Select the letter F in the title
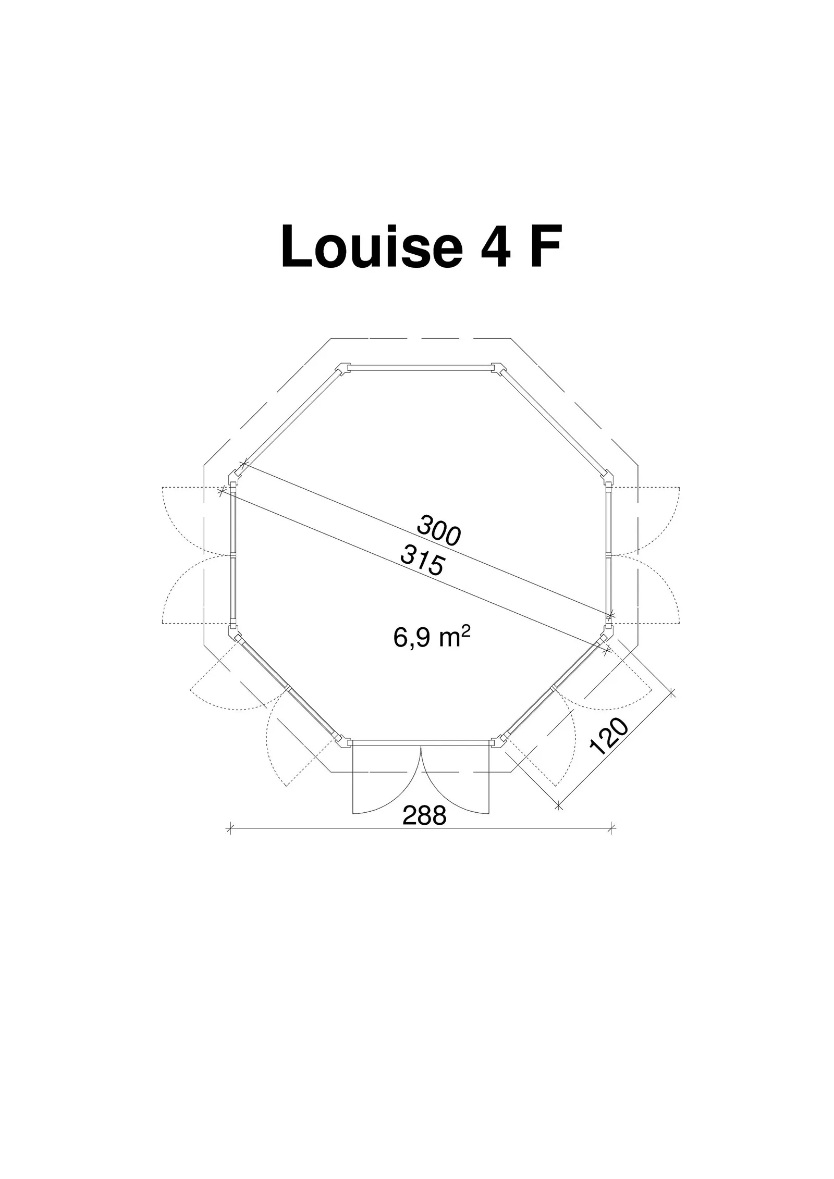click(546, 246)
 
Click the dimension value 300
click(438, 530)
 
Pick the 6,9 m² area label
click(428, 637)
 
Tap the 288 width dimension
click(425, 815)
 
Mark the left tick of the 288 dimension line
click(230, 827)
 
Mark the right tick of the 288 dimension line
click(612, 827)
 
